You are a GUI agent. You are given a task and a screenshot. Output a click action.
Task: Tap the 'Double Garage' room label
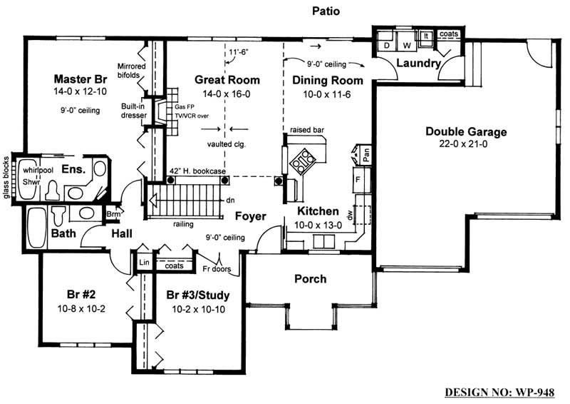coord(466,131)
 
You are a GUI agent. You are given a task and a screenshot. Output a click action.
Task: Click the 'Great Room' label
coord(227,80)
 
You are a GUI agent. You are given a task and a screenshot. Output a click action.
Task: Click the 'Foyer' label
coord(250,216)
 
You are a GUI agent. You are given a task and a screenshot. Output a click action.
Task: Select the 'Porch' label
coord(310,278)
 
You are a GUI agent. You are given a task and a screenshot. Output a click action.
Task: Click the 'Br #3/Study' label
coord(197,294)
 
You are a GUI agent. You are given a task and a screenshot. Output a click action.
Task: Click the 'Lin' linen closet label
coord(142,263)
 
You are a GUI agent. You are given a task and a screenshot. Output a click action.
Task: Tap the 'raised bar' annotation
coord(307,131)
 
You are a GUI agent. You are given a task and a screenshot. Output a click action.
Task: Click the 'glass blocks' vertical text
coord(6,176)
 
